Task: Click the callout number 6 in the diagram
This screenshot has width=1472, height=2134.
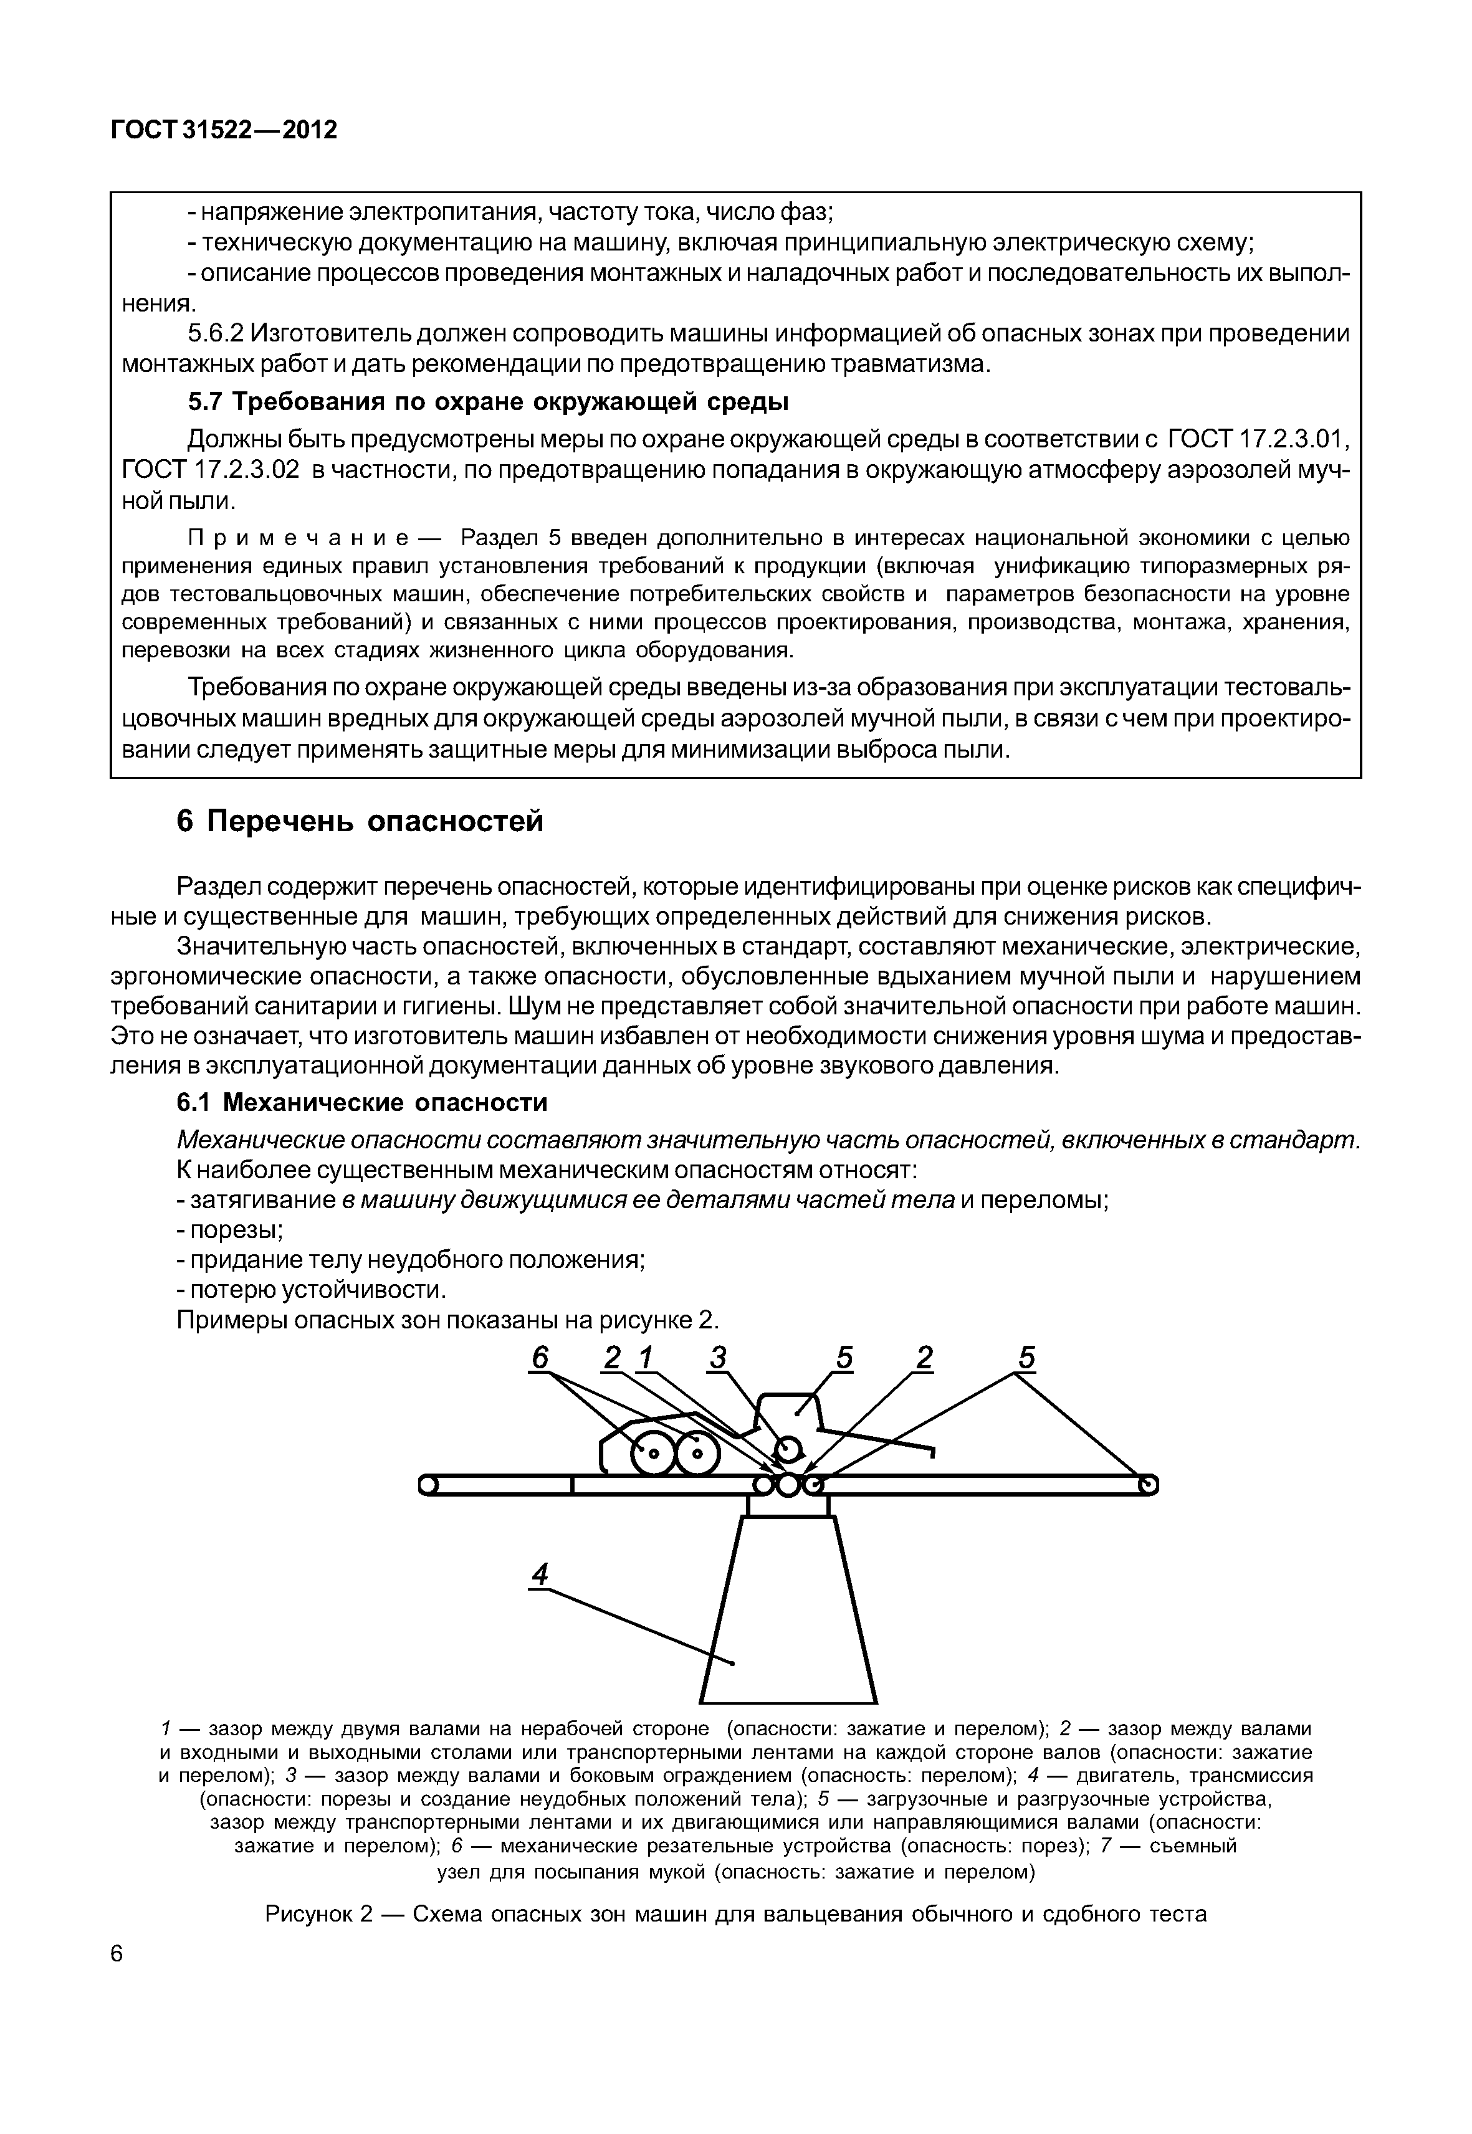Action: coord(540,1358)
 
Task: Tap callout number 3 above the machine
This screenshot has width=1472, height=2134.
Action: coord(719,1358)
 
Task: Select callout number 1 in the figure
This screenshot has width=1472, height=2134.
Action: coord(646,1358)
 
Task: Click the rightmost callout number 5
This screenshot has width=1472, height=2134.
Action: coord(1026,1358)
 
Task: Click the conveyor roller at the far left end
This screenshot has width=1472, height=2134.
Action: coord(427,1485)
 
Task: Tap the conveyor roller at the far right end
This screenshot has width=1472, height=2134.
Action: coord(1149,1485)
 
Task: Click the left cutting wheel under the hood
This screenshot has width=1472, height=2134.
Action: coord(651,1454)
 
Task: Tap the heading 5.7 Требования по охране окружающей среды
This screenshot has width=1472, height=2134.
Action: coord(488,402)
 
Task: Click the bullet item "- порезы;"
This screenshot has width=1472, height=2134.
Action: coord(230,1230)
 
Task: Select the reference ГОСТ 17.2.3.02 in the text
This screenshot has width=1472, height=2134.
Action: coord(211,469)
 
